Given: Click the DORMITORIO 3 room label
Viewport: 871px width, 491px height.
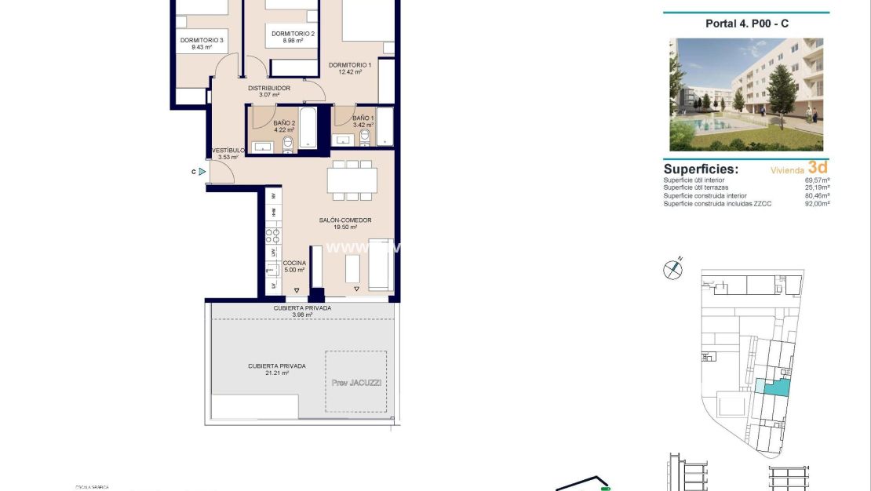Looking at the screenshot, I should [x=202, y=41].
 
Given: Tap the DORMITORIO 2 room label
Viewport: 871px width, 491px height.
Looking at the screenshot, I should [x=293, y=34].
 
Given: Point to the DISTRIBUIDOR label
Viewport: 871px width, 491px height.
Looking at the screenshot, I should [x=269, y=88].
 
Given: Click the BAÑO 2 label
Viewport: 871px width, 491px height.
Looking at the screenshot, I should [x=284, y=123].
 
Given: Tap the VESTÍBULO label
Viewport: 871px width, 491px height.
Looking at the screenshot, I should [x=228, y=150].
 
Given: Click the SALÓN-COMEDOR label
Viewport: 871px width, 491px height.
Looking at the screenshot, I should [x=344, y=220].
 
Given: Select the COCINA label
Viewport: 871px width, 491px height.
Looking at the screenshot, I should [x=294, y=264].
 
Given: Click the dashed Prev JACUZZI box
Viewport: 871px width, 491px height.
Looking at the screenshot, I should [x=355, y=381].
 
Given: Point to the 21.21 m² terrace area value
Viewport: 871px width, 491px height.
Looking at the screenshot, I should [x=276, y=374].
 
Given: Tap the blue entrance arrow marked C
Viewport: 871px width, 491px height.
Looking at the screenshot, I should [x=202, y=171].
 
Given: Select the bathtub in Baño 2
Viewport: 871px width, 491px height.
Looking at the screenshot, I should [x=308, y=128].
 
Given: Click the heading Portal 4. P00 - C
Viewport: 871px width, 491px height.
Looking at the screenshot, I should [x=746, y=24].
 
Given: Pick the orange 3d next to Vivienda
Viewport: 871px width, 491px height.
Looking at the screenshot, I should [x=818, y=167].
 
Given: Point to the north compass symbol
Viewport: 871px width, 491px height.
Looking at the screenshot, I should [x=672, y=269].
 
